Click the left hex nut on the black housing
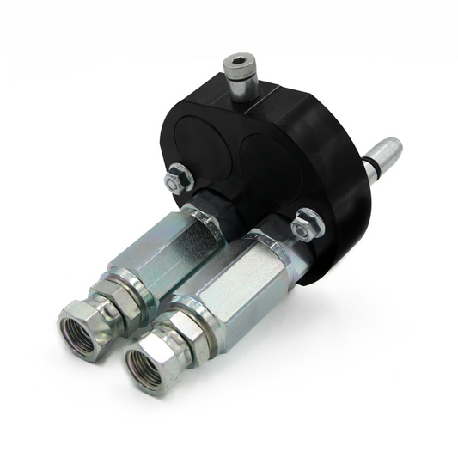[178, 180]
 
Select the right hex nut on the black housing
[306, 226]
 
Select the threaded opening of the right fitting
[144, 361]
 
